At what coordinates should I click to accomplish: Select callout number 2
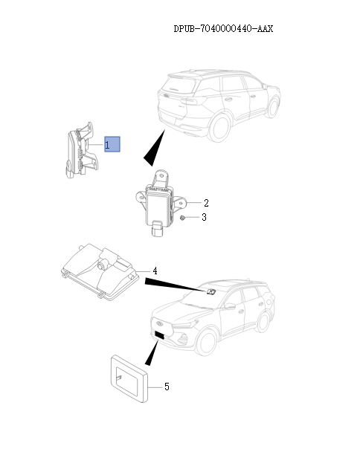coord(206,203)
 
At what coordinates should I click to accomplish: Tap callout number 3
coord(204,217)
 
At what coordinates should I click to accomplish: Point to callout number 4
coord(155,270)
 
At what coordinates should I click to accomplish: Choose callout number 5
coord(167,386)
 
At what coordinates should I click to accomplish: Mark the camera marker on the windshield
coord(210,292)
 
